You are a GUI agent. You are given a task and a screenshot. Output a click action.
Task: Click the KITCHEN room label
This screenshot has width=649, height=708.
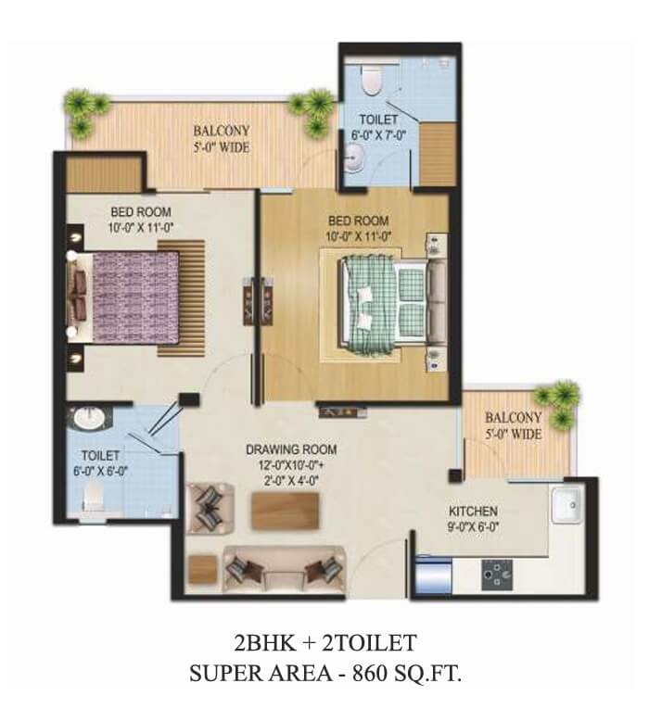click(473, 512)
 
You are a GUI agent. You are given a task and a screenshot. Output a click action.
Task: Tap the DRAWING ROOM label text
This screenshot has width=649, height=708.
click(291, 449)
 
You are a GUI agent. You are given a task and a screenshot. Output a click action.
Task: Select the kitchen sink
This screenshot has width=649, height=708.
click(566, 504)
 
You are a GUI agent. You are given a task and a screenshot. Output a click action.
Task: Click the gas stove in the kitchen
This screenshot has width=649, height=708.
click(497, 575)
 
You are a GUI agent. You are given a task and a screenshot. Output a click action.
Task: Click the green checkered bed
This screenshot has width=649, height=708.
click(384, 302)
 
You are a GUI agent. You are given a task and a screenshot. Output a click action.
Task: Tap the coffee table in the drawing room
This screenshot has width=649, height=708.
click(286, 512)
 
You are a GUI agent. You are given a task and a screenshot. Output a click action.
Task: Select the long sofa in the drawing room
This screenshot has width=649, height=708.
click(285, 570)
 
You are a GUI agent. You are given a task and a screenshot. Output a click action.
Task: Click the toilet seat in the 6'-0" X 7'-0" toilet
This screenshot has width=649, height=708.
click(372, 80)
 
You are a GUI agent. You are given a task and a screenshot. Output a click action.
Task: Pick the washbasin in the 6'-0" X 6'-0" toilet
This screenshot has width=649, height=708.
click(88, 418)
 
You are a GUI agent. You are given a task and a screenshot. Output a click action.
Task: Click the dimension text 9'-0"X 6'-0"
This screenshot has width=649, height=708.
click(473, 527)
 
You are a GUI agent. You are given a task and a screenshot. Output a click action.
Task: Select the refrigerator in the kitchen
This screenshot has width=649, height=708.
click(434, 575)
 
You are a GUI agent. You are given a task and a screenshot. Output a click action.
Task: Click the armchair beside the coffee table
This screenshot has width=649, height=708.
click(210, 508)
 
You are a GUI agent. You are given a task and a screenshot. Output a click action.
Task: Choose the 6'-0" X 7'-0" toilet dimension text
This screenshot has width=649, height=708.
click(379, 135)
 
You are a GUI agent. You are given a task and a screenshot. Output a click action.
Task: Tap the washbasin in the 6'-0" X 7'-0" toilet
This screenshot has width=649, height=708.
click(354, 158)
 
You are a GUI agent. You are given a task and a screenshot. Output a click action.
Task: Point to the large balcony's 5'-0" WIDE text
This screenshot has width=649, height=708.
click(222, 147)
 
